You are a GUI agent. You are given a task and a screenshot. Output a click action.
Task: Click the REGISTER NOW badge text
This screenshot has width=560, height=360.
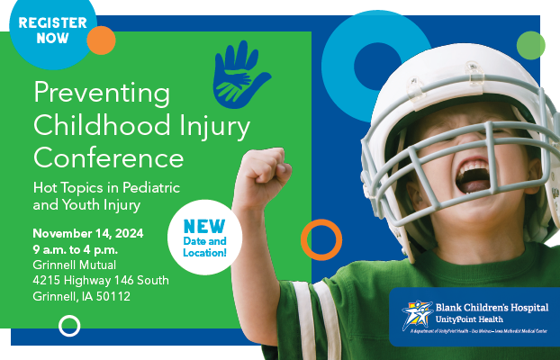[52, 30]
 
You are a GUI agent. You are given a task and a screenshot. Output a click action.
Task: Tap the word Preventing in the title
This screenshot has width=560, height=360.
[101, 93]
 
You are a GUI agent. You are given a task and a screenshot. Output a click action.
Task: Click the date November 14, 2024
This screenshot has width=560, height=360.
[88, 232]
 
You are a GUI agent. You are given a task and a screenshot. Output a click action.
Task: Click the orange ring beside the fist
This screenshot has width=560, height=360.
[321, 239]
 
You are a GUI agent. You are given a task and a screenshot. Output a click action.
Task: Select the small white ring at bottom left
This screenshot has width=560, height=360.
[69, 326]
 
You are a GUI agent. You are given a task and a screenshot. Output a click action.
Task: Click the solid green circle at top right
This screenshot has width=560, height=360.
[531, 44]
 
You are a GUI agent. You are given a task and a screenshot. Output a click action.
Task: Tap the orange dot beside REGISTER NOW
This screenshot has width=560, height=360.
[101, 40]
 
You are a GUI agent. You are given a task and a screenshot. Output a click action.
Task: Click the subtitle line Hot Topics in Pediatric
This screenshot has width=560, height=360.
[107, 187]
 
